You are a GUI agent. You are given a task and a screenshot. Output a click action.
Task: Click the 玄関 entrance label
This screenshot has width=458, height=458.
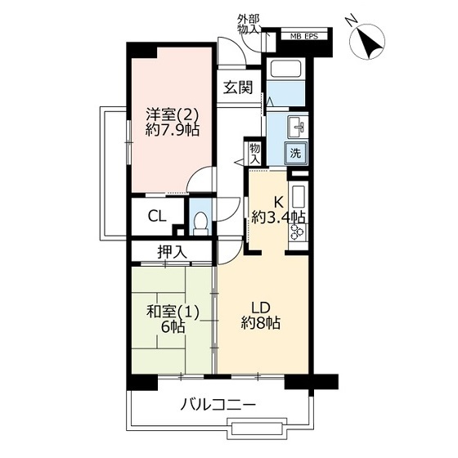(238, 87)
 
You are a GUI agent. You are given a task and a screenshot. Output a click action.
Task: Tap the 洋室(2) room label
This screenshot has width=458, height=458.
(173, 114)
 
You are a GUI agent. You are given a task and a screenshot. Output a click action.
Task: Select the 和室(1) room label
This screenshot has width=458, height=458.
(173, 312)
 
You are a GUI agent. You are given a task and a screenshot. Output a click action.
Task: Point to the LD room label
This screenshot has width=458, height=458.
(261, 308)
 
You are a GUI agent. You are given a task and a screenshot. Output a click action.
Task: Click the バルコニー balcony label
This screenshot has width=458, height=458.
(218, 405)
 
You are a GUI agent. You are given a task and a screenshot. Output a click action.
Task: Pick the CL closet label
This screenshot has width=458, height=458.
(157, 217)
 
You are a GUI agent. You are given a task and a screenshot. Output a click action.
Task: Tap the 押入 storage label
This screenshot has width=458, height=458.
(172, 252)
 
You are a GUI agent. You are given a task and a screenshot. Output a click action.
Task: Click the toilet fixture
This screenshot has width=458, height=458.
(200, 222)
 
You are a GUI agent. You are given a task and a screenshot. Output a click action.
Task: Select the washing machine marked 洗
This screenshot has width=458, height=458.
(296, 153)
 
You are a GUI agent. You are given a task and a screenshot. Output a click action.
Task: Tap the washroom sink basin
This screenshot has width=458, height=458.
(298, 127)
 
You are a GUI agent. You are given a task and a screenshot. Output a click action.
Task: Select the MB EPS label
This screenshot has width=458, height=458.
(303, 37)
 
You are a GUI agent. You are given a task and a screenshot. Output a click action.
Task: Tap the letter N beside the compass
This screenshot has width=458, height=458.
(352, 20)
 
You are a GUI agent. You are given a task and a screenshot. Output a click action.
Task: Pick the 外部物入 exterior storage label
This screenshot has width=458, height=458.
(249, 25)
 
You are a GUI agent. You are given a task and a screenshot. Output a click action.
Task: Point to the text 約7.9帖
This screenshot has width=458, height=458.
(173, 130)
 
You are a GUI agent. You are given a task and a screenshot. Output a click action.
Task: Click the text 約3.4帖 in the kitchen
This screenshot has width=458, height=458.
(278, 218)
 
